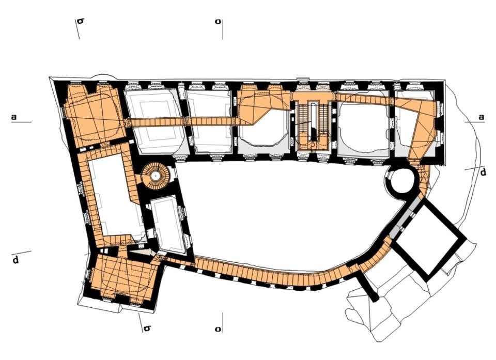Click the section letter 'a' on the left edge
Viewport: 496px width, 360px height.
pos(14,117)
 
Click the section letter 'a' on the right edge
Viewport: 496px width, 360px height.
pos(481,117)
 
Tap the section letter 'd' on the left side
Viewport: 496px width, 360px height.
pos(16,259)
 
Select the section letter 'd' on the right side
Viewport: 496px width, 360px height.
pos(483,173)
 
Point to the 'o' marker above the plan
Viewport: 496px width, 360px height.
pos(219,22)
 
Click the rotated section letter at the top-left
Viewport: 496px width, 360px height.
pos(80,22)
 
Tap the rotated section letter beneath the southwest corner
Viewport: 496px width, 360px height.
pos(147,328)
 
